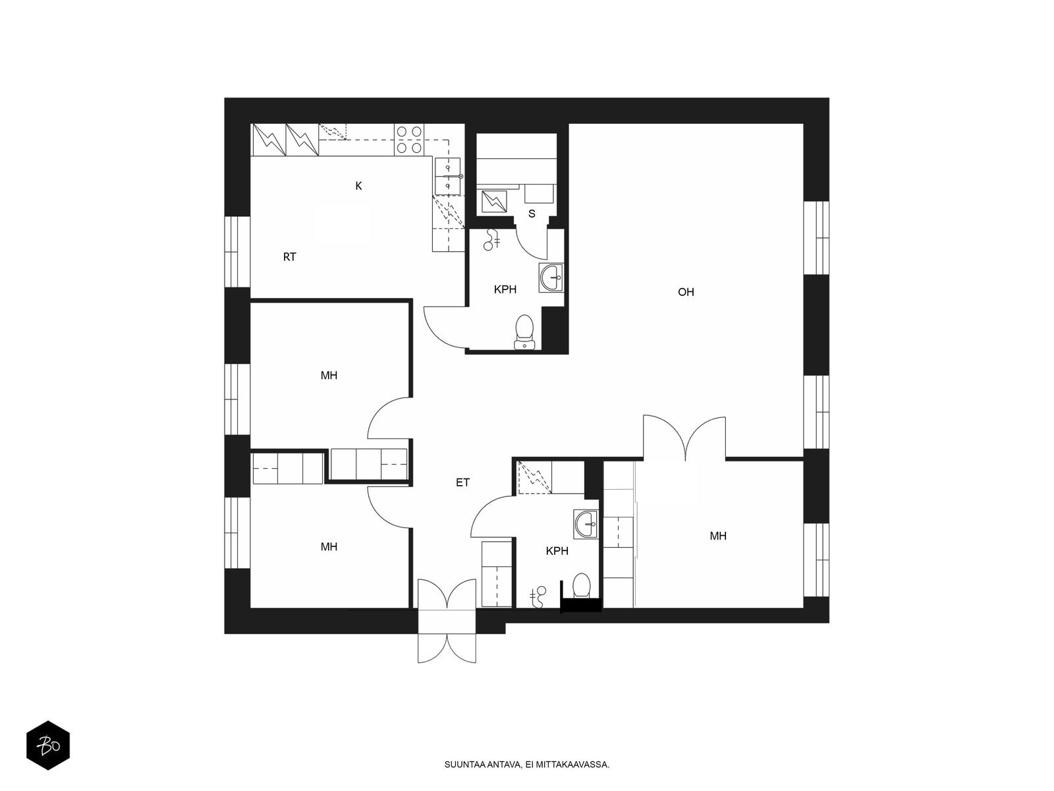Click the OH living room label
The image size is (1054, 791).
pos(686,292)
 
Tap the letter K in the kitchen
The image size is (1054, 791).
pos(359,186)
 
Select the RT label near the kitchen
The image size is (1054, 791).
pos(290,257)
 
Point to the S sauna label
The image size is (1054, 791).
pos(532,214)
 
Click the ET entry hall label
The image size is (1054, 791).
pos(463,483)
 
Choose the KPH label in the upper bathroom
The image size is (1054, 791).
pos(505,289)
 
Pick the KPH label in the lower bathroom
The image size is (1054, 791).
pos(557,551)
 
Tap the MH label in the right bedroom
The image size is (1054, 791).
pos(718,536)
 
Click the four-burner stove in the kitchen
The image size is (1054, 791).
pos(410,140)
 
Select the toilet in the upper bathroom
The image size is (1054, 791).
pos(524,332)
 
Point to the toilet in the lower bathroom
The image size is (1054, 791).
pos(582,585)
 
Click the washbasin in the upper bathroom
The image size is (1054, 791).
pos(551,278)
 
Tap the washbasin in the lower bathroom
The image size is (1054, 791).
pos(586,524)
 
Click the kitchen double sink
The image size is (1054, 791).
pos(448,176)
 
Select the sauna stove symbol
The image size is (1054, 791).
pos(494,202)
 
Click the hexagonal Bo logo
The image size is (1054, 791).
pos(48,746)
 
